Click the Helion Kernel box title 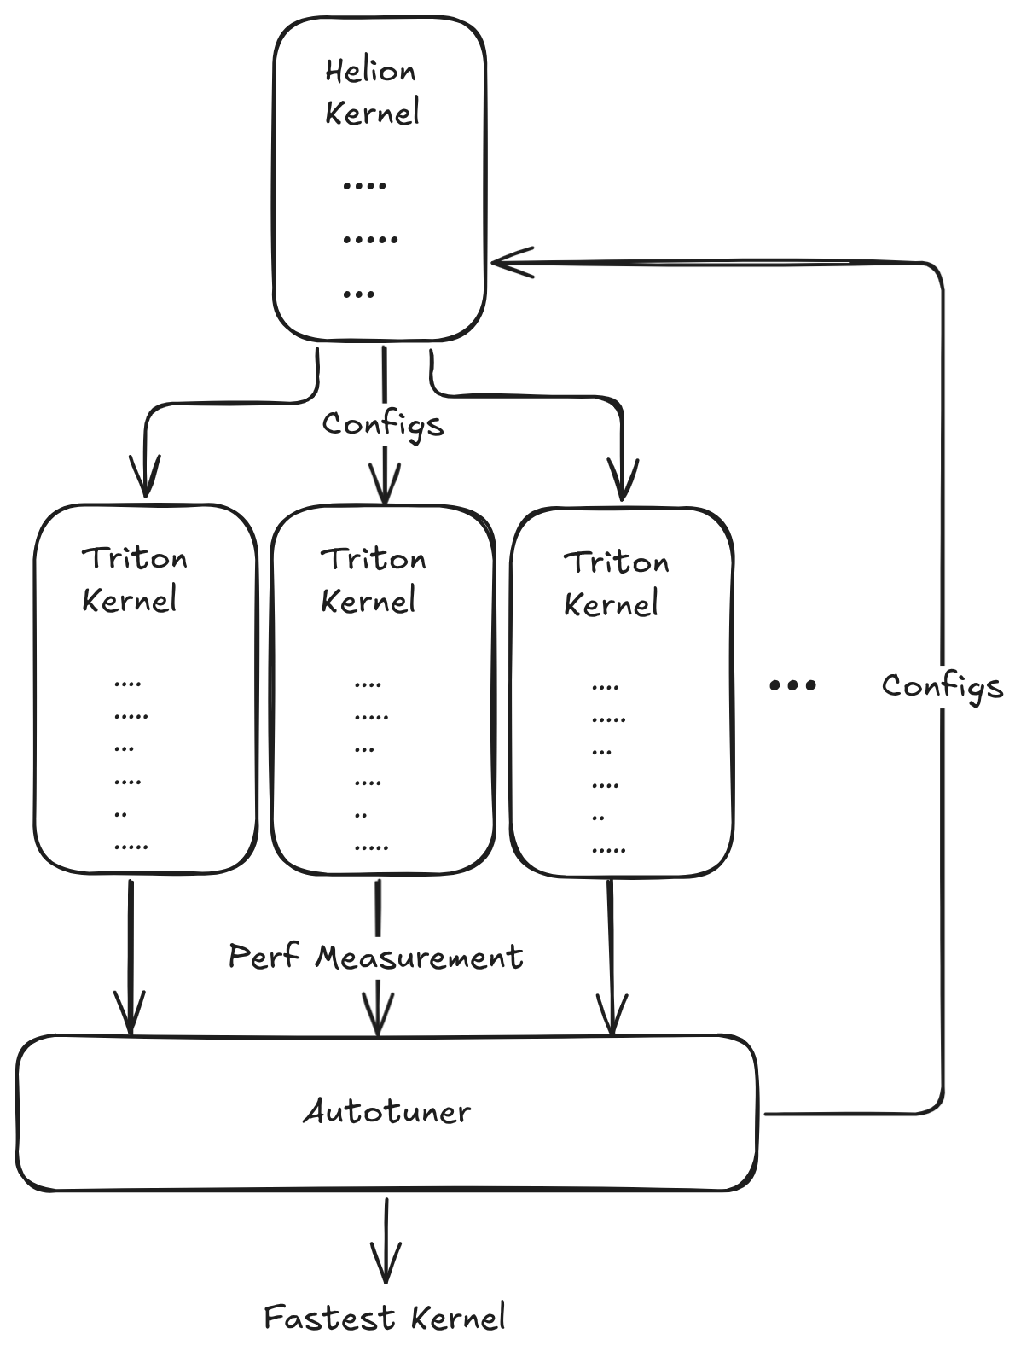click(x=372, y=92)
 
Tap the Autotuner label click(x=387, y=1111)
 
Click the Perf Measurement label click(x=376, y=956)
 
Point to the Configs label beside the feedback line click(x=942, y=685)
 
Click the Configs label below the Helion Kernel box click(x=383, y=423)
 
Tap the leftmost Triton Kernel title click(x=134, y=579)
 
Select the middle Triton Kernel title click(x=373, y=579)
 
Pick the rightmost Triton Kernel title click(x=616, y=583)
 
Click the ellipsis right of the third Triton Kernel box click(x=792, y=684)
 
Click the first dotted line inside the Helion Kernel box click(x=364, y=184)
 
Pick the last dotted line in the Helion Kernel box click(x=359, y=294)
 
